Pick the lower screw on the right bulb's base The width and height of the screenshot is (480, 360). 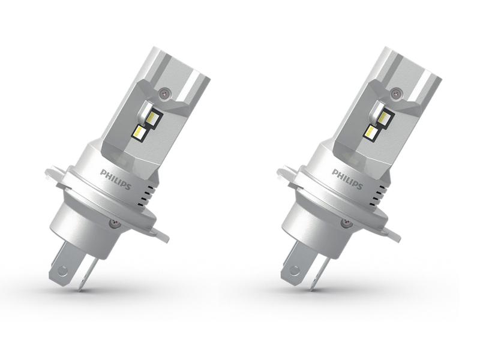[343, 222]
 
